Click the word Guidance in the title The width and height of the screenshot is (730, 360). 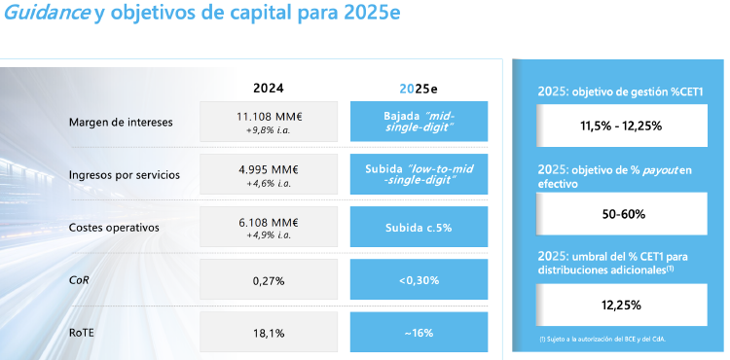point(48,16)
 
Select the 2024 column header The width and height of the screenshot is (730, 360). point(269,87)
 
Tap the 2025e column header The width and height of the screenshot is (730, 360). point(419,87)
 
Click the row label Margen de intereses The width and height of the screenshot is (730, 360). point(122,122)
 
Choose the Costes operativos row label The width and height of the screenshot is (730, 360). point(114,227)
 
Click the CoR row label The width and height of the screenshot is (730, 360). point(78,280)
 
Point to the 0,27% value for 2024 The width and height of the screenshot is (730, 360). point(268,280)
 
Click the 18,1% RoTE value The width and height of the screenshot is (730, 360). point(268,333)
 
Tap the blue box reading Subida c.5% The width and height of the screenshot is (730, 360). point(419,227)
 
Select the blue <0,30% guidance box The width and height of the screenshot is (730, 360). point(419,280)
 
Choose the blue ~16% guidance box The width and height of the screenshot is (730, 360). point(419,333)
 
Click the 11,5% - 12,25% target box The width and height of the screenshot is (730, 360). point(621,126)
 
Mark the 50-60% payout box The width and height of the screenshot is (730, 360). point(621,213)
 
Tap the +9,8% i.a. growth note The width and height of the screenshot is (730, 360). point(268,129)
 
